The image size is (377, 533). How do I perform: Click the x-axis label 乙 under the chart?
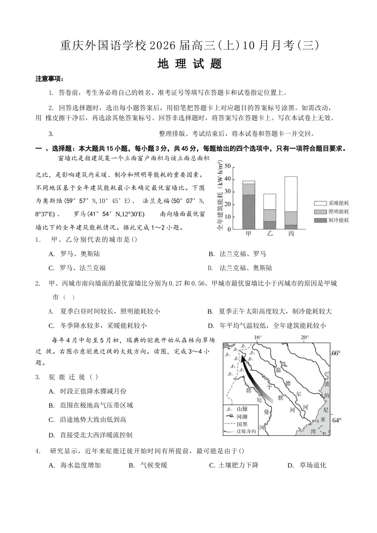tap(270, 234)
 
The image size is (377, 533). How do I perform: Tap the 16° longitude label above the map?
tap(258, 337)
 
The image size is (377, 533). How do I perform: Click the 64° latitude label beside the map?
tap(337, 420)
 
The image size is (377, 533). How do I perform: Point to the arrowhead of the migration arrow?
tap(242, 358)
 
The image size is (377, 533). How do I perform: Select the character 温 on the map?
tap(278, 370)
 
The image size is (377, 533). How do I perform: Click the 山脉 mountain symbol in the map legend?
tap(229, 409)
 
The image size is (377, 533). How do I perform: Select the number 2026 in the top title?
tap(163, 46)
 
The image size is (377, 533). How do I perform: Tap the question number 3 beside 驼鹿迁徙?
tap(37, 377)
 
